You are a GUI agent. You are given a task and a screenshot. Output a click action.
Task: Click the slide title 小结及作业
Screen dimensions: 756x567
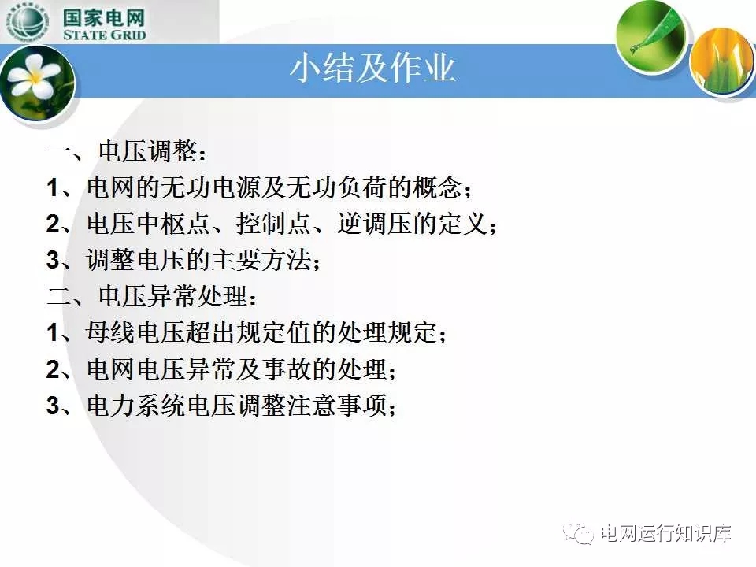click(372, 68)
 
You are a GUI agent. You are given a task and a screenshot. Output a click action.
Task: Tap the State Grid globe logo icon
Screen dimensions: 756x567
click(28, 22)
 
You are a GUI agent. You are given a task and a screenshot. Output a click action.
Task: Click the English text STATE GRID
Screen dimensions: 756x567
click(104, 35)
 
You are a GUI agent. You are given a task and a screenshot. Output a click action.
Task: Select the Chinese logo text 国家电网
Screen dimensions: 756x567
click(104, 17)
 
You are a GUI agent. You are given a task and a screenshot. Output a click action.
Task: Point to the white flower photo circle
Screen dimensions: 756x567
click(37, 85)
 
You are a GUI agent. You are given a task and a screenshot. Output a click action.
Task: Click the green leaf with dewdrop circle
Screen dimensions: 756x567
click(651, 35)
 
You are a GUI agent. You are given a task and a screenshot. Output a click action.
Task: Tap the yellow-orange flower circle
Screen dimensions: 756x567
click(723, 61)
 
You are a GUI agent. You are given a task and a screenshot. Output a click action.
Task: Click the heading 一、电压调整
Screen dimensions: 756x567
click(126, 151)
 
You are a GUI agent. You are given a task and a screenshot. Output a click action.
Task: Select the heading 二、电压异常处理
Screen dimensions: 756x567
click(151, 295)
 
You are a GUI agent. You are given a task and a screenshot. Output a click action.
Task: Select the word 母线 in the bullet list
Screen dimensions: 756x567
click(111, 332)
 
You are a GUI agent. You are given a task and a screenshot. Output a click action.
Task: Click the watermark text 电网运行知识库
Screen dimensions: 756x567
click(665, 533)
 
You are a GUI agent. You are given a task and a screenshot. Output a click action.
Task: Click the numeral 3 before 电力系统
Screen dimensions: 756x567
click(53, 406)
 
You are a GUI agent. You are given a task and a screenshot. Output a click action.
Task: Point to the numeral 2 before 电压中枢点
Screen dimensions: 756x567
click(53, 224)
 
